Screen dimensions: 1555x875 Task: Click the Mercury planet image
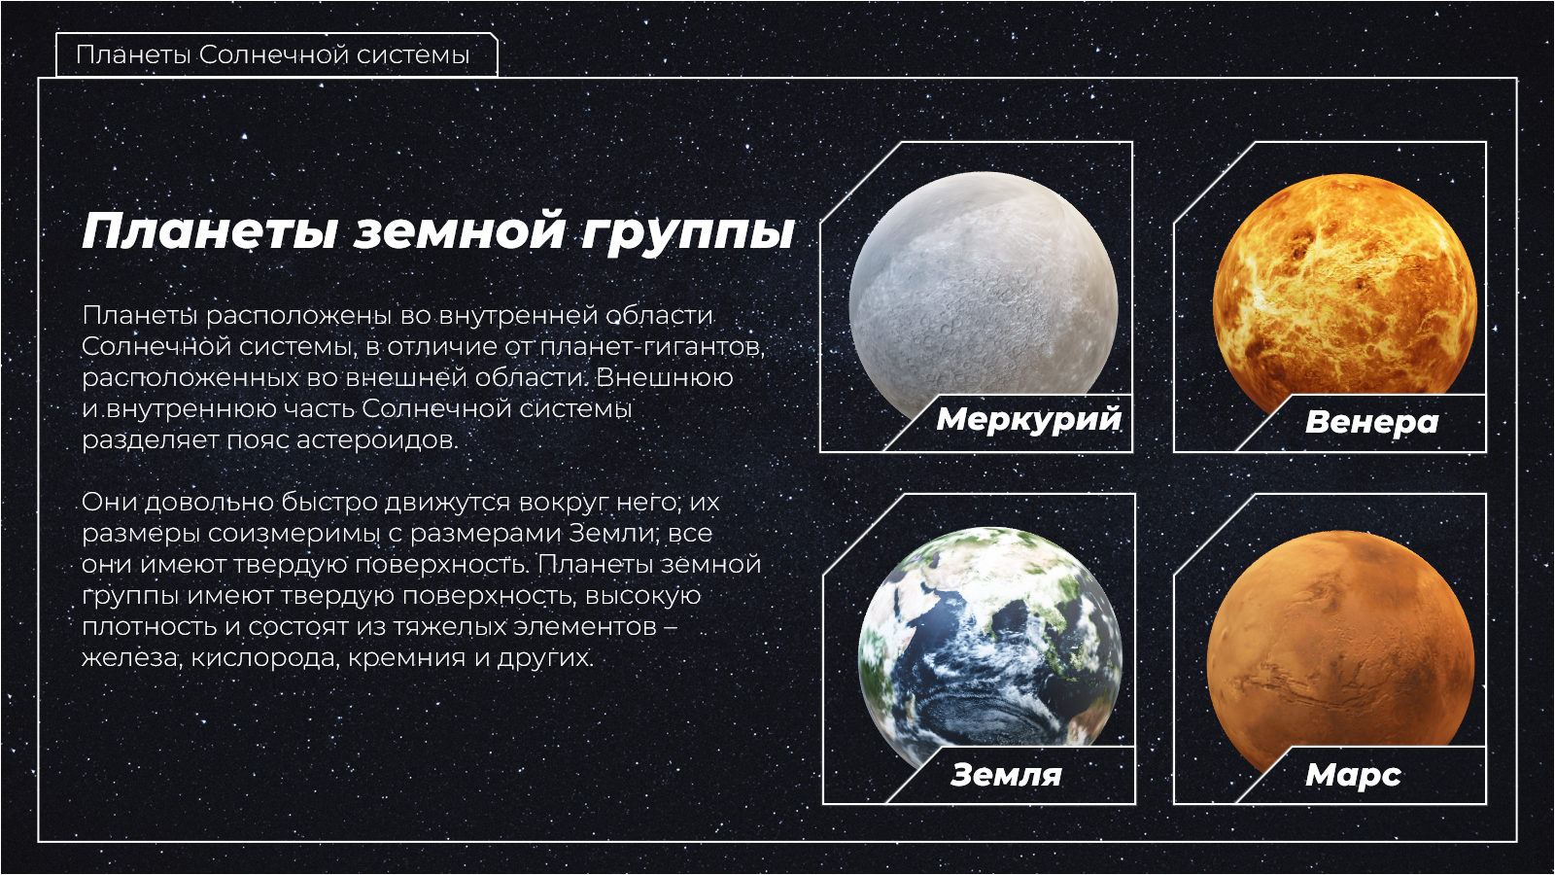pyautogui.click(x=983, y=298)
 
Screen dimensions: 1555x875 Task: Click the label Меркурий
pyautogui.click(x=1029, y=419)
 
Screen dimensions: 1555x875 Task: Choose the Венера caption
pyautogui.click(x=1371, y=422)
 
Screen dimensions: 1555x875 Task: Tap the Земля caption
pyautogui.click(x=1006, y=774)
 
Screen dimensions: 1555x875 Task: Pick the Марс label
pyautogui.click(x=1353, y=775)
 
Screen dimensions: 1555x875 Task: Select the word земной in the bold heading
pyautogui.click(x=458, y=230)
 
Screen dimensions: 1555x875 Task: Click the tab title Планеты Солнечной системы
pyautogui.click(x=273, y=54)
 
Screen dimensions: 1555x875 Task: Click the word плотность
pyautogui.click(x=150, y=627)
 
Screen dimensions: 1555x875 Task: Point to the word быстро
pyautogui.click(x=329, y=502)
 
